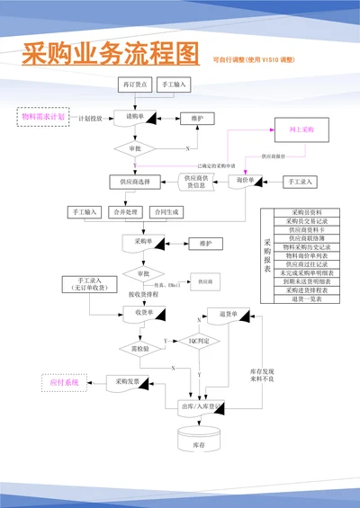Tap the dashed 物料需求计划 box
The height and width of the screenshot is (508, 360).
pyautogui.click(x=43, y=117)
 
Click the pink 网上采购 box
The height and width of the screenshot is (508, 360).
pyautogui.click(x=303, y=130)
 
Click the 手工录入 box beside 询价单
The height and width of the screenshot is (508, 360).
pyautogui.click(x=300, y=181)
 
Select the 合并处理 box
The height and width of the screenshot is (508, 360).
pyautogui.click(x=127, y=212)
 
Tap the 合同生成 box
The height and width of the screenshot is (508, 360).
pyautogui.click(x=167, y=212)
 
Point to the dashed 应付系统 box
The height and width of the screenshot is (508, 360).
pyautogui.click(x=64, y=384)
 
